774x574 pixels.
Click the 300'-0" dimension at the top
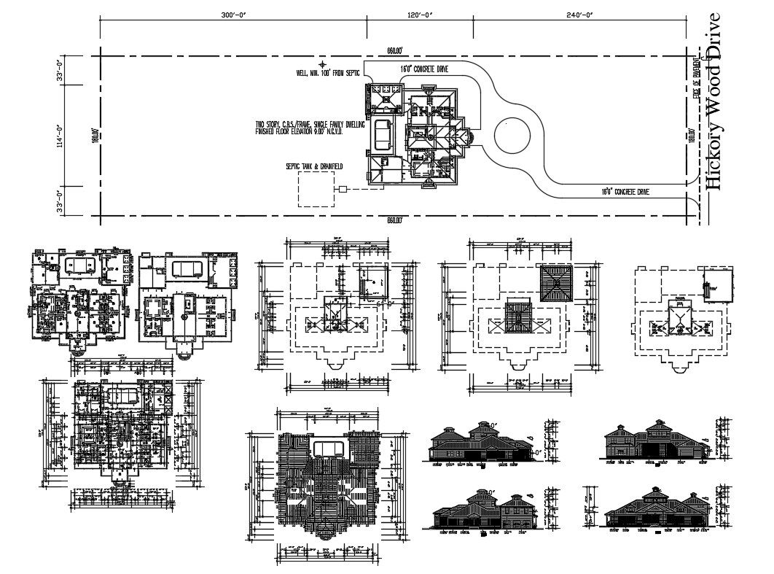(x=233, y=14)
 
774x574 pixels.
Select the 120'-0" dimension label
(x=420, y=14)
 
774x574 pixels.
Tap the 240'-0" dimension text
(x=579, y=14)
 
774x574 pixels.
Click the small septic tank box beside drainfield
(x=343, y=190)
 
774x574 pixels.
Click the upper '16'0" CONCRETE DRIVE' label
(x=423, y=69)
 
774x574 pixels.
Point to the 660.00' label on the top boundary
(x=396, y=51)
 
